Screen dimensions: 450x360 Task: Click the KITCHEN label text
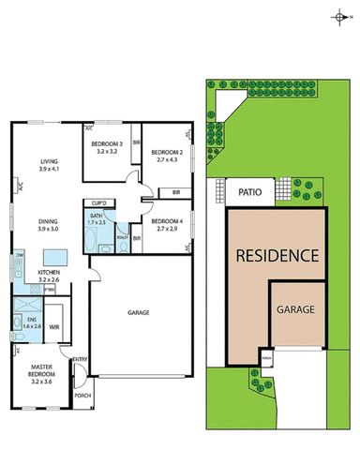click(49, 275)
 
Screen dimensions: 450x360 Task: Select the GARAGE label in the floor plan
click(139, 312)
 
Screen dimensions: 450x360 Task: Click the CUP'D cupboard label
click(97, 202)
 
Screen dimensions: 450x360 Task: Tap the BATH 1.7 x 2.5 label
click(97, 219)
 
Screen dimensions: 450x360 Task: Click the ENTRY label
click(80, 359)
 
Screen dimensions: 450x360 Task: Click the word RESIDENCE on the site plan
click(277, 255)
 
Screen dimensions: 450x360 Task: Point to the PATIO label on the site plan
click(249, 194)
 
